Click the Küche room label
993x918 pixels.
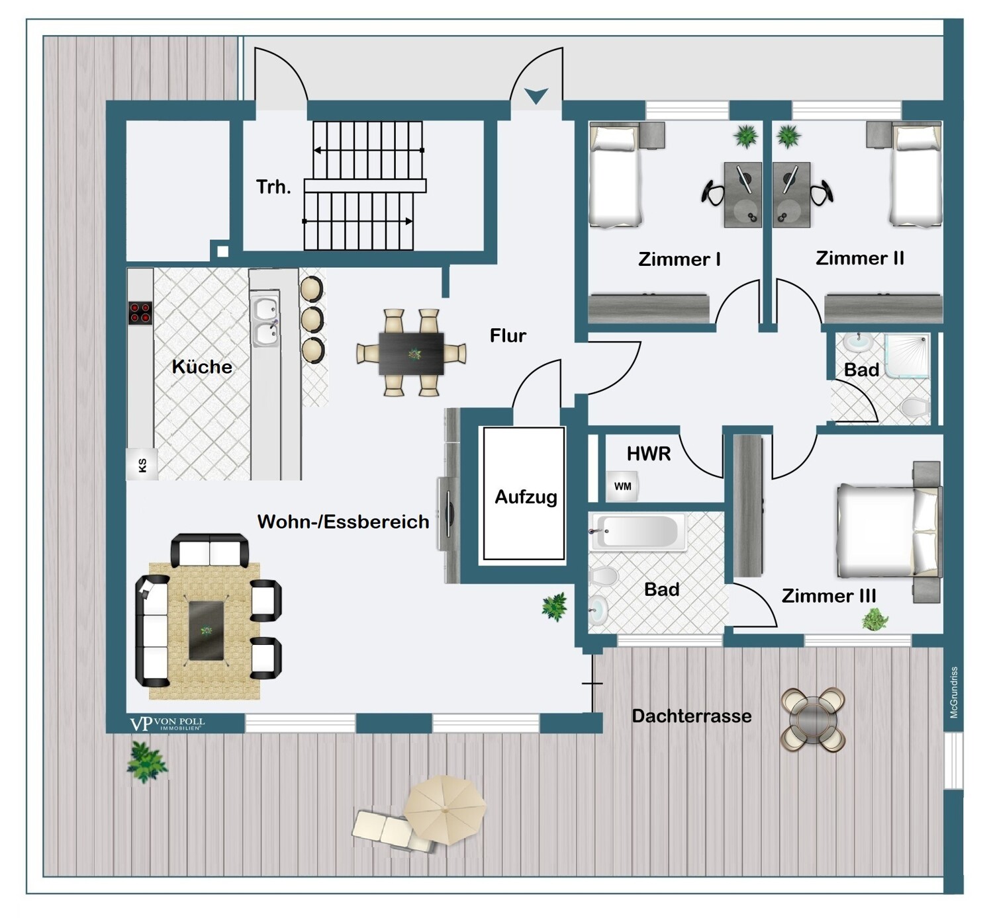202,367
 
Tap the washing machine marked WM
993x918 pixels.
622,486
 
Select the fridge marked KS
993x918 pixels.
142,465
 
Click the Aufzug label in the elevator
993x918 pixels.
526,497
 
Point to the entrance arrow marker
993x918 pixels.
536,95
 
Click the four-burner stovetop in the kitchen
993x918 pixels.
140,313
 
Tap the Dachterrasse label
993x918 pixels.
692,716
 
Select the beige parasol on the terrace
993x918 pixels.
444,810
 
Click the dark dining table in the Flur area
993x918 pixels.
411,353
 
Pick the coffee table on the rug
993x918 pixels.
206,630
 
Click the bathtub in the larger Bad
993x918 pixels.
638,532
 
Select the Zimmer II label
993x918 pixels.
860,259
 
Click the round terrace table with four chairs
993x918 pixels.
813,720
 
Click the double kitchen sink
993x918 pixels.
265,320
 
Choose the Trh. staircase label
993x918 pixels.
273,187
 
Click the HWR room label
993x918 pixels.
649,454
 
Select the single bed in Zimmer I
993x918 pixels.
615,176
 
